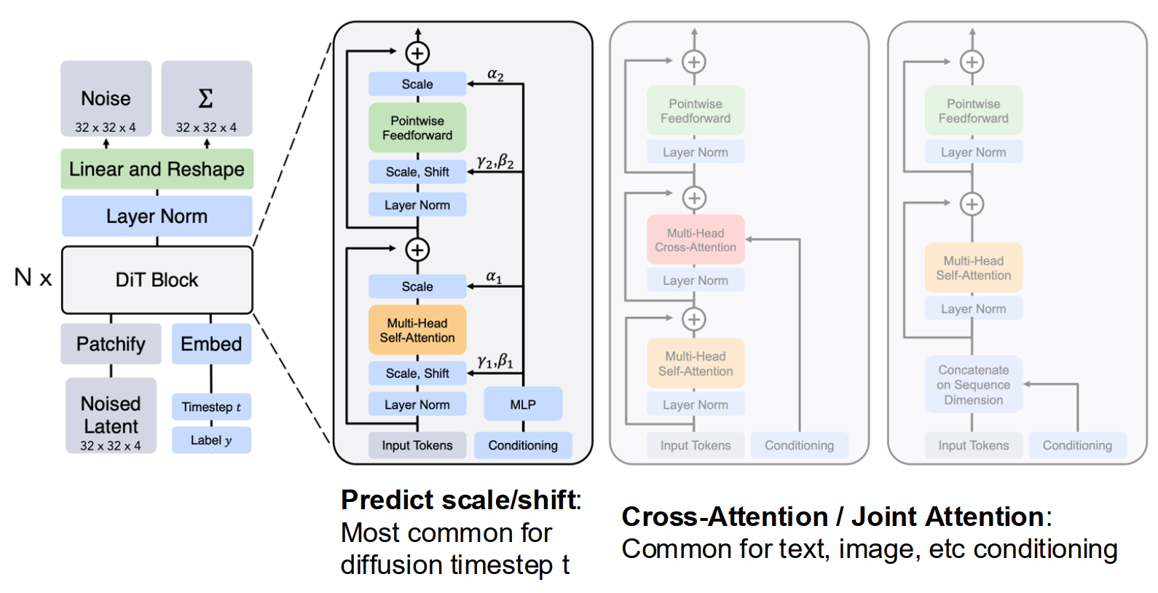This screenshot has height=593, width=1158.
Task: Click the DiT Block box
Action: [157, 280]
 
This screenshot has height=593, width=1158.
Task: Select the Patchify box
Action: [111, 344]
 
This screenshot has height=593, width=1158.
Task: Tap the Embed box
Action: [211, 344]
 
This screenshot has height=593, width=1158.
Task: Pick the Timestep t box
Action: [211, 407]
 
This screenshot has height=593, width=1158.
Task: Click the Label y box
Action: [211, 440]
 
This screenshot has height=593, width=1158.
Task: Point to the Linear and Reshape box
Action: [157, 169]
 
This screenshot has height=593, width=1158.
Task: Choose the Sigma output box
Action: [207, 99]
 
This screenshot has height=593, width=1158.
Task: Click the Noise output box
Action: [106, 99]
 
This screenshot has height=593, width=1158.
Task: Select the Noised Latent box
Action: [111, 416]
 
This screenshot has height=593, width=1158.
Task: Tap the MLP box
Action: [523, 404]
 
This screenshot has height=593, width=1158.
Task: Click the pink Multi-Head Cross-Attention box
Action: [696, 240]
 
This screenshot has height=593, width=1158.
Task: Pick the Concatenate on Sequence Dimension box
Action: [974, 384]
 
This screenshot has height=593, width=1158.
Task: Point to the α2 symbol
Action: [495, 75]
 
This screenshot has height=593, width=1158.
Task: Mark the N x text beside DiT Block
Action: [33, 278]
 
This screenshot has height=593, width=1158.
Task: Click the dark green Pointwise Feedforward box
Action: [418, 127]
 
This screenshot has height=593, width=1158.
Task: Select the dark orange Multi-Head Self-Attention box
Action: [418, 330]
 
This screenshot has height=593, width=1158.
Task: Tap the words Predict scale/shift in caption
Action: [459, 500]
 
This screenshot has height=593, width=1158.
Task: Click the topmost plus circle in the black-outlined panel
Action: [418, 53]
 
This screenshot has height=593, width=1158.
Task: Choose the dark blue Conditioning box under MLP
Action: [523, 445]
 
